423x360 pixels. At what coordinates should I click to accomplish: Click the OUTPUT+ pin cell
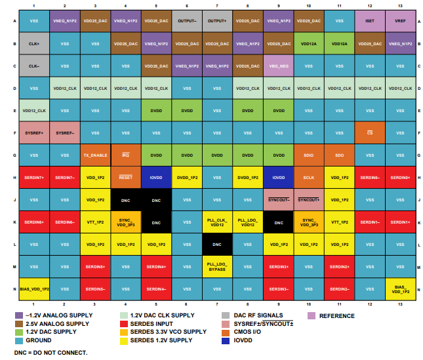(x=217, y=21)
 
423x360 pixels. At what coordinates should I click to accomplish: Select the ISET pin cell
(x=369, y=21)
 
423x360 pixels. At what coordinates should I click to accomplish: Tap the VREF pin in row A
(x=400, y=21)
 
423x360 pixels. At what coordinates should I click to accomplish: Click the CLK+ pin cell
(x=34, y=44)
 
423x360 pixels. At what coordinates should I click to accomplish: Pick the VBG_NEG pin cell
(x=278, y=66)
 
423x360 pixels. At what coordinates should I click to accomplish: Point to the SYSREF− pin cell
(x=64, y=132)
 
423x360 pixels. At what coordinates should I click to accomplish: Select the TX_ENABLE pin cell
(x=95, y=155)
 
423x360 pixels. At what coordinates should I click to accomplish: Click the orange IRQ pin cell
(x=125, y=155)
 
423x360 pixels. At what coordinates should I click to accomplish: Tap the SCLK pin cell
(x=308, y=177)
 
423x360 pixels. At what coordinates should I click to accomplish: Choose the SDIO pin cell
(x=308, y=155)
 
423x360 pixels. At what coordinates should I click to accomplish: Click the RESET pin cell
(x=125, y=177)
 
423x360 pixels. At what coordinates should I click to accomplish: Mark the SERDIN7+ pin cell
(x=34, y=177)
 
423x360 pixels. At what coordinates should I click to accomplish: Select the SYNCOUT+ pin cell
(x=308, y=199)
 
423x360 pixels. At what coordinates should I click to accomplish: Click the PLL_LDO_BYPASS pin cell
(x=217, y=266)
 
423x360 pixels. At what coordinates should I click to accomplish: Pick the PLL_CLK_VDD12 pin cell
(x=217, y=222)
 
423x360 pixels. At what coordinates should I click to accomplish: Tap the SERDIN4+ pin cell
(x=156, y=266)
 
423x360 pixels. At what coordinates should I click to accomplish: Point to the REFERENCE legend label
(x=336, y=315)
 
